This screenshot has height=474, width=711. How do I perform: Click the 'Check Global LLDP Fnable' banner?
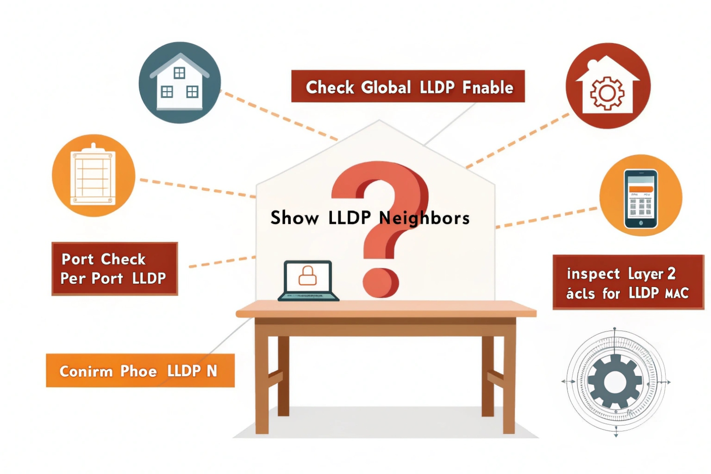408,86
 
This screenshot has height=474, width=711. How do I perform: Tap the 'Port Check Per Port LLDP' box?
115,269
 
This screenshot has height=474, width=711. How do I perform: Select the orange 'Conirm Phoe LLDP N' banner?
140,371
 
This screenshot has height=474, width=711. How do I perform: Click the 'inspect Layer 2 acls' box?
628,282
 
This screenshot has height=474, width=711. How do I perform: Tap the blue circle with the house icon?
180,83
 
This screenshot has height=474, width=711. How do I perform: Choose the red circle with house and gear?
608,86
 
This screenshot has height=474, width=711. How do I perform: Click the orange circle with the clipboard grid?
93,176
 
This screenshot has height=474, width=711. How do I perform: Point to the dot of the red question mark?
381,282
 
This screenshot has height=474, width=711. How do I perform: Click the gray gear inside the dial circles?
615,382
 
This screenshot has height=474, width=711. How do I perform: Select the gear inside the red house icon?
607,93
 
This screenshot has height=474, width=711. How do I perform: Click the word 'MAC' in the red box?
676,294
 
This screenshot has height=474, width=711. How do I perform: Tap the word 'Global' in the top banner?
386,87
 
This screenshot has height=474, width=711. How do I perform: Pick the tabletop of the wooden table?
386,309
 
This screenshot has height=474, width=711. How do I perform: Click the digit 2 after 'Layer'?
671,273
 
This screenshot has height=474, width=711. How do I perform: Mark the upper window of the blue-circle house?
180,73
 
